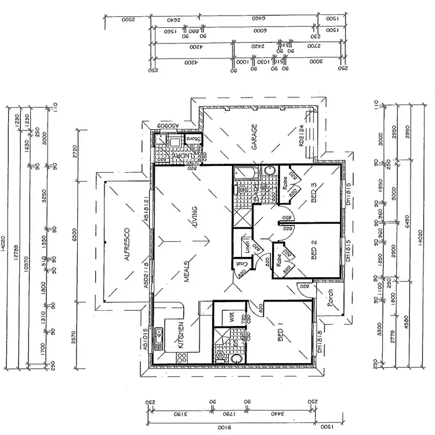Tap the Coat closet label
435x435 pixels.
click(x=240, y=263)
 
